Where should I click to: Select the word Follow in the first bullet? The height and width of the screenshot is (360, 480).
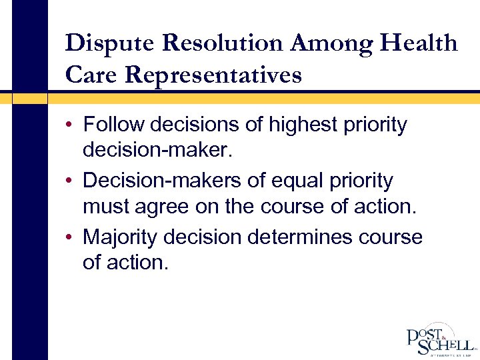[x=114, y=125]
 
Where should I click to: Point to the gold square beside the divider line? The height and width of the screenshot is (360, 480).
[x=30, y=98]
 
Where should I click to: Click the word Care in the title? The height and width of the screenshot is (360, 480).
[x=91, y=75]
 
